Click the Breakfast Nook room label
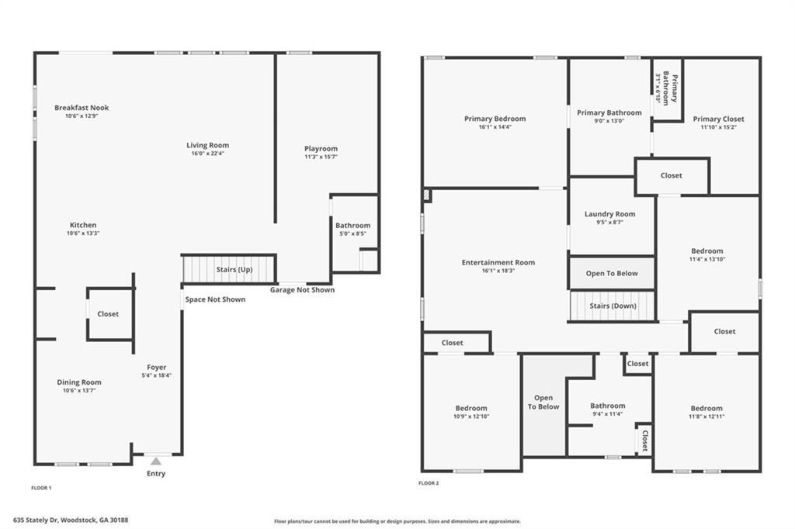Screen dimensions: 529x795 click(x=82, y=107)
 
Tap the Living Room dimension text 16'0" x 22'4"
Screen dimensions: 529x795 click(x=207, y=154)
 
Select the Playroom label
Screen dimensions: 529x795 click(x=321, y=148)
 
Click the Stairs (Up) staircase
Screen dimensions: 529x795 click(x=229, y=269)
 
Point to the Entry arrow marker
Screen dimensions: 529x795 click(x=156, y=461)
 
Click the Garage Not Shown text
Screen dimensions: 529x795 click(x=302, y=290)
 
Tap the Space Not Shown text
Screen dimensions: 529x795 click(x=215, y=299)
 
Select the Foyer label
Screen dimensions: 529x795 click(x=157, y=367)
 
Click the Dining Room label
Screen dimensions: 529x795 click(x=79, y=382)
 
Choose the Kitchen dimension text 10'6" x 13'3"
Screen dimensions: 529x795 click(x=83, y=233)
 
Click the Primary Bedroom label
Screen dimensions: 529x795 click(x=495, y=119)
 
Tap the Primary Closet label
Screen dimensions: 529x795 click(x=718, y=119)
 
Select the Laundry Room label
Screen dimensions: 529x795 click(x=609, y=214)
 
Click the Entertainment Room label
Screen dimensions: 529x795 click(x=498, y=262)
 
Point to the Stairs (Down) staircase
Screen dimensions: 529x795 click(x=613, y=306)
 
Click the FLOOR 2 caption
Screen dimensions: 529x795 click(x=429, y=483)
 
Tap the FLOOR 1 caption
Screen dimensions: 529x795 click(x=41, y=488)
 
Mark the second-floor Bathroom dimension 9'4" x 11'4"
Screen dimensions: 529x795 click(x=607, y=413)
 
